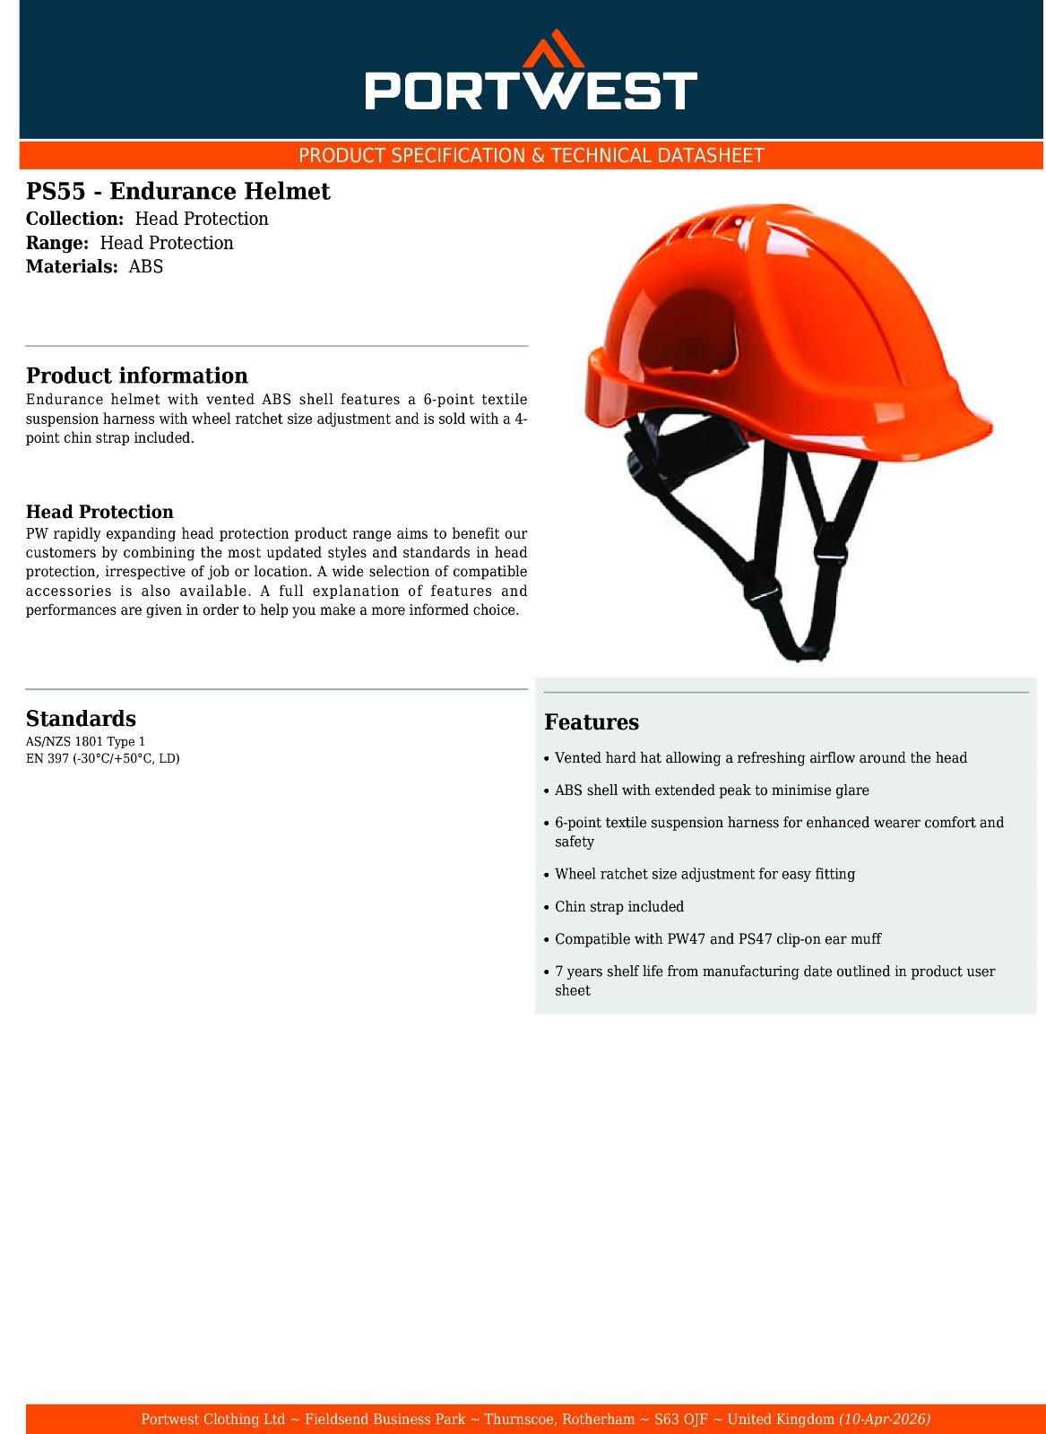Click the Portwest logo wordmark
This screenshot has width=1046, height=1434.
click(x=531, y=91)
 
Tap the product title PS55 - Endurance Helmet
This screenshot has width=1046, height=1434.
click(x=177, y=191)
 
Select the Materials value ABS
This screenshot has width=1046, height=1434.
click(x=146, y=266)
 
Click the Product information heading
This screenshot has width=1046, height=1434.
click(x=136, y=376)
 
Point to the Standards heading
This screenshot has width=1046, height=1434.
click(x=81, y=719)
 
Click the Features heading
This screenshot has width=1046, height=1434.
click(x=592, y=722)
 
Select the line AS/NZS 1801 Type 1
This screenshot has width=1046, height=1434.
click(x=85, y=742)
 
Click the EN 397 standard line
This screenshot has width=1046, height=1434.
click(x=103, y=758)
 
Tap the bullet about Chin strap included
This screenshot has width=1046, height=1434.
click(x=618, y=907)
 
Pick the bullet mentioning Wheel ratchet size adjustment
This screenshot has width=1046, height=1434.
click(x=705, y=874)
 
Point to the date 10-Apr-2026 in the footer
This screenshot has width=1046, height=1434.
click(x=885, y=1420)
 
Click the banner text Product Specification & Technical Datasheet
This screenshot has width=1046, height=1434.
click(x=531, y=156)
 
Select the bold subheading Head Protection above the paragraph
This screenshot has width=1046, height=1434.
click(x=99, y=513)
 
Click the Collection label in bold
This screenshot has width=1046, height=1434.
click(x=74, y=219)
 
